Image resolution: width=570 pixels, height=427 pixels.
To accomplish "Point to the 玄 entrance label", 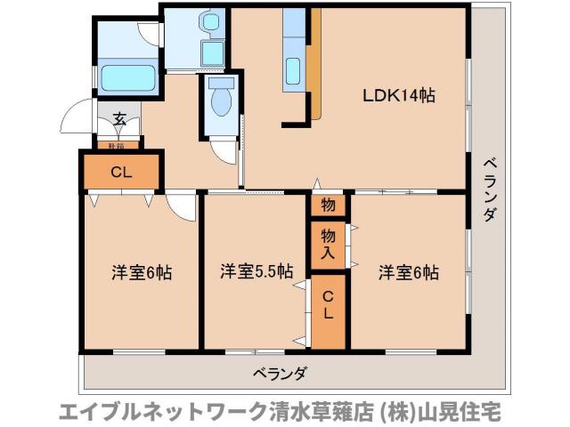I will (x=119, y=119).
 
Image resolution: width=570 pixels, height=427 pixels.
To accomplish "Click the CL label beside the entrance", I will (x=122, y=173).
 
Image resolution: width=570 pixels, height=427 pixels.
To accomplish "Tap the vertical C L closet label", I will (x=328, y=304).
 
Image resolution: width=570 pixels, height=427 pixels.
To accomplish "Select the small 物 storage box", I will (x=328, y=205).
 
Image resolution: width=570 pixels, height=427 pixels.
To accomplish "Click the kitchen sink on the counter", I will (x=294, y=68).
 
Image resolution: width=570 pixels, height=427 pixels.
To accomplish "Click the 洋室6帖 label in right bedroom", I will (x=408, y=273).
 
